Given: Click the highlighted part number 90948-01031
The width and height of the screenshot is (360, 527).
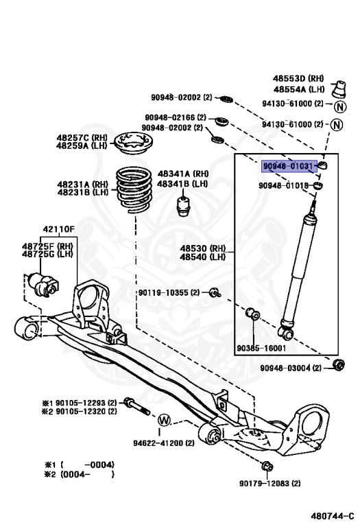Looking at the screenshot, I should (290, 166).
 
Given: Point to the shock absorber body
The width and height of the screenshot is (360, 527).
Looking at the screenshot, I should (299, 268).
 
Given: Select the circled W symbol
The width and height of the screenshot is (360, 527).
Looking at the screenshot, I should (164, 420).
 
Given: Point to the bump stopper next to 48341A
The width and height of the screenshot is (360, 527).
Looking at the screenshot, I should (183, 205).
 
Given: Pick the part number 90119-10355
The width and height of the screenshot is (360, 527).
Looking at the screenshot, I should (165, 293).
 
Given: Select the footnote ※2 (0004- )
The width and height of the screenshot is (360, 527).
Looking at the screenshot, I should (78, 473).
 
